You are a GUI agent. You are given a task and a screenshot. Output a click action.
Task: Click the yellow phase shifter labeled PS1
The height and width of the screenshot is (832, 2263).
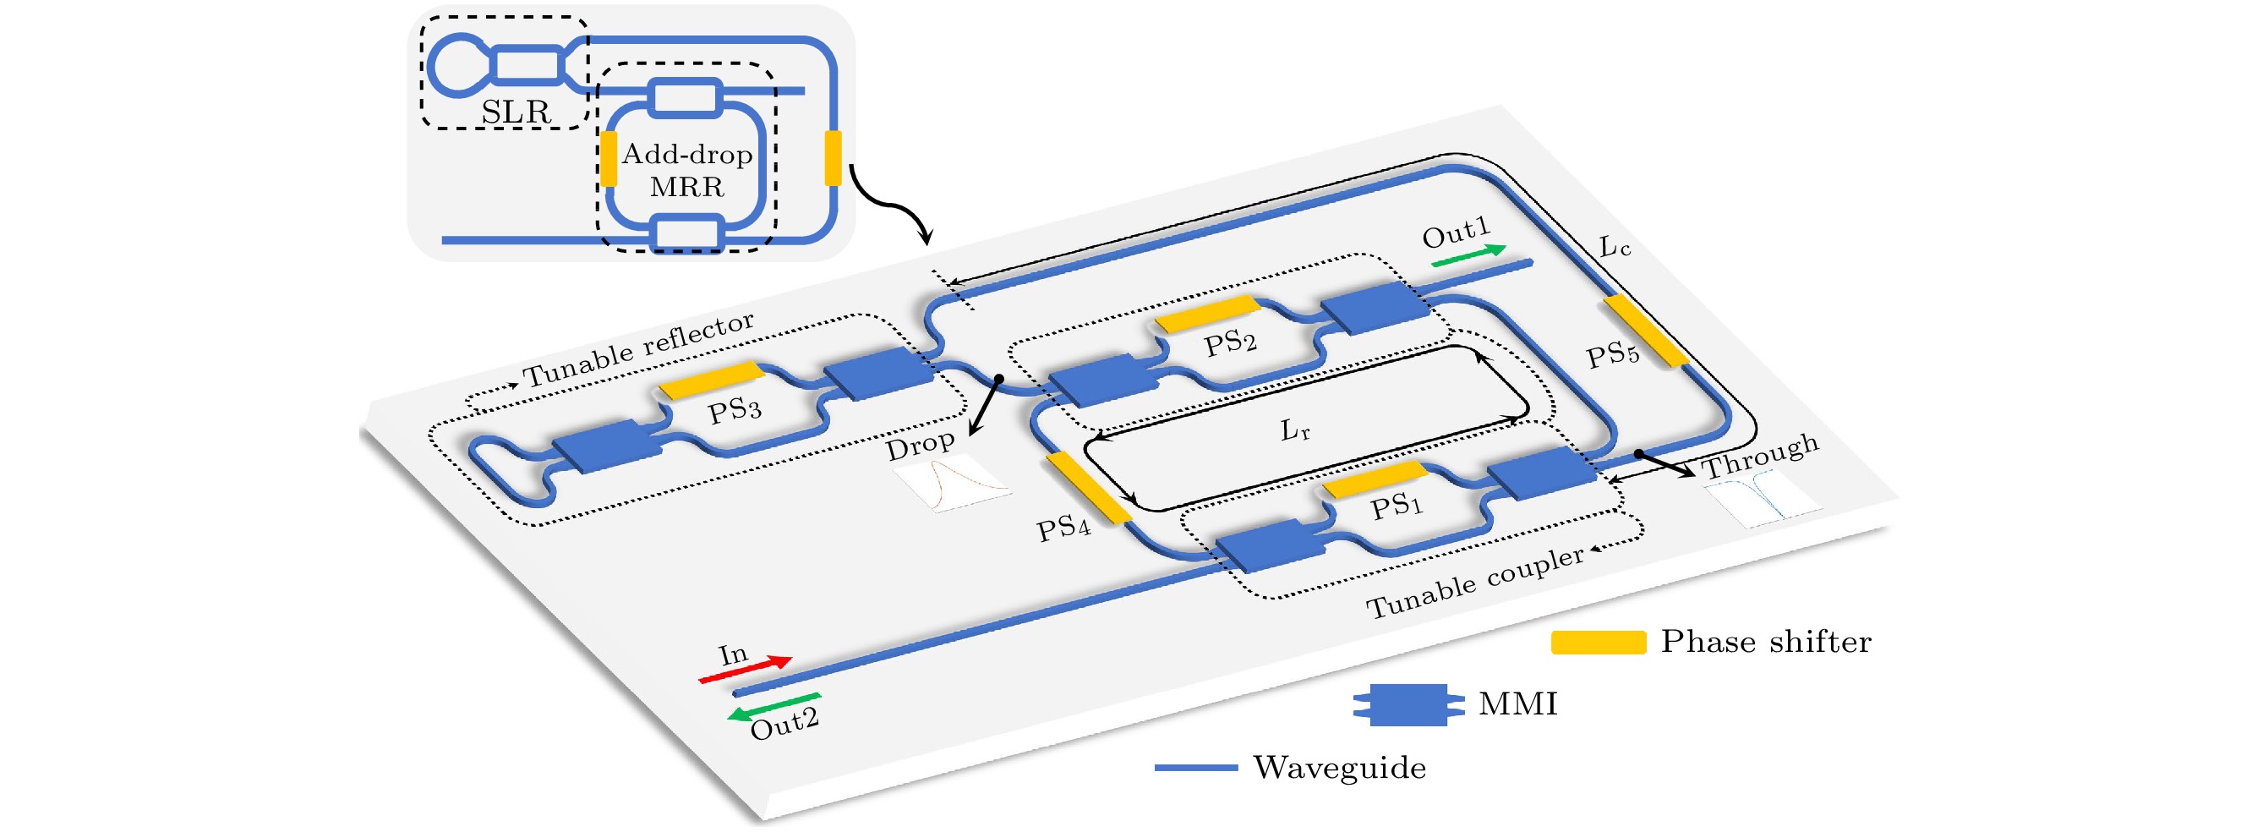(1375, 479)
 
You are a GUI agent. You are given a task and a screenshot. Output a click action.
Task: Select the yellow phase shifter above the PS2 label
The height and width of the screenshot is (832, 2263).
(1207, 314)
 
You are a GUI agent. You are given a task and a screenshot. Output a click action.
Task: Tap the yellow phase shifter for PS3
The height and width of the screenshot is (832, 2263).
(712, 380)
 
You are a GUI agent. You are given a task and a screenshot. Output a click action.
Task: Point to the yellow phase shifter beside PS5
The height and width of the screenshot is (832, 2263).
(1645, 331)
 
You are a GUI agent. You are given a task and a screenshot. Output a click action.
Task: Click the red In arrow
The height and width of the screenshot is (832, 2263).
(745, 669)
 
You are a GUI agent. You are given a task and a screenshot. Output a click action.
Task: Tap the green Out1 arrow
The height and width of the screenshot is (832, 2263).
(1468, 255)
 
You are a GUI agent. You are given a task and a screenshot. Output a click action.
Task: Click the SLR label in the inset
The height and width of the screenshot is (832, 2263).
(516, 112)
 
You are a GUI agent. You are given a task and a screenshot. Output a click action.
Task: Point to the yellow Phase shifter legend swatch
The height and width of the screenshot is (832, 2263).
(1598, 643)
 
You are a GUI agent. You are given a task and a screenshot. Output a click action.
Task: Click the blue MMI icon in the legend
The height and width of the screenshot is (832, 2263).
(1408, 704)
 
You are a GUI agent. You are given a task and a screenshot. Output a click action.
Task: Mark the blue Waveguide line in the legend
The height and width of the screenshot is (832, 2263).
(1195, 768)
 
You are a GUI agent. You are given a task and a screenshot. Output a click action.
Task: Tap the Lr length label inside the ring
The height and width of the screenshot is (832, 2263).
(1295, 430)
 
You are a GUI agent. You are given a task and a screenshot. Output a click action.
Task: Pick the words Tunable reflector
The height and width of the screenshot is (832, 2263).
(639, 349)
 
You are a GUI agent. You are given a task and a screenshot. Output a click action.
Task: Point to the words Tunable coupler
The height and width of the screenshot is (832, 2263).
(1475, 582)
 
